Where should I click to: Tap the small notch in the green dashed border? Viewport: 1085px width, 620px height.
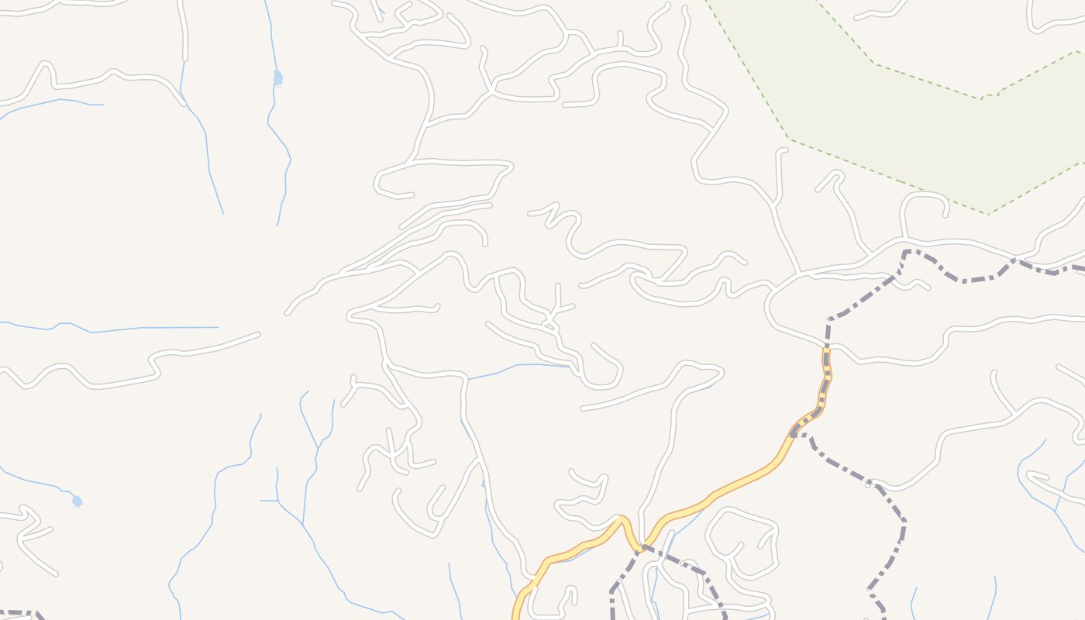click(983, 98)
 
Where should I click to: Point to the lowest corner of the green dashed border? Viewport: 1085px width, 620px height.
click(987, 213)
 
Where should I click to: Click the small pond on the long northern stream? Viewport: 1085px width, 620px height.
click(278, 77)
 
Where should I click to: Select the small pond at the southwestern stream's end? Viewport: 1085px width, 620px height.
click(77, 501)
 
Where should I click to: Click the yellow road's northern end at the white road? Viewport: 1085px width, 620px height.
click(826, 348)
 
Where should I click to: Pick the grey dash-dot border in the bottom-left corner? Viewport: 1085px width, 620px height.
click(19, 614)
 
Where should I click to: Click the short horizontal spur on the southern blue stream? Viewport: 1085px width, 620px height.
click(269, 501)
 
